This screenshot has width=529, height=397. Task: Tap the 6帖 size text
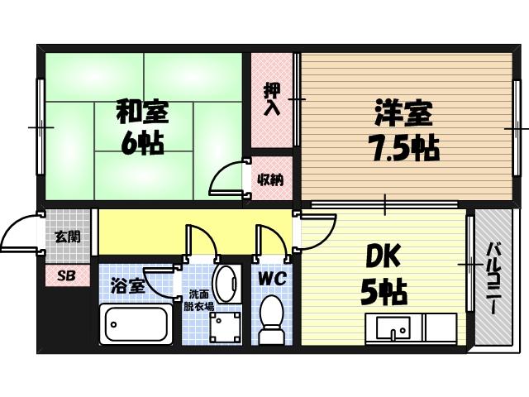coord(141,143)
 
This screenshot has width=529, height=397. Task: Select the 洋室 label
coord(403,112)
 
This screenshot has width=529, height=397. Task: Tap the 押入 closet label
coord(272,98)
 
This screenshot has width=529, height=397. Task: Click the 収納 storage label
coord(270,179)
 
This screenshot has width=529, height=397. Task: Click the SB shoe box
coord(67,275)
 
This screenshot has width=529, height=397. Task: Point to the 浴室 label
coord(128,285)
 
